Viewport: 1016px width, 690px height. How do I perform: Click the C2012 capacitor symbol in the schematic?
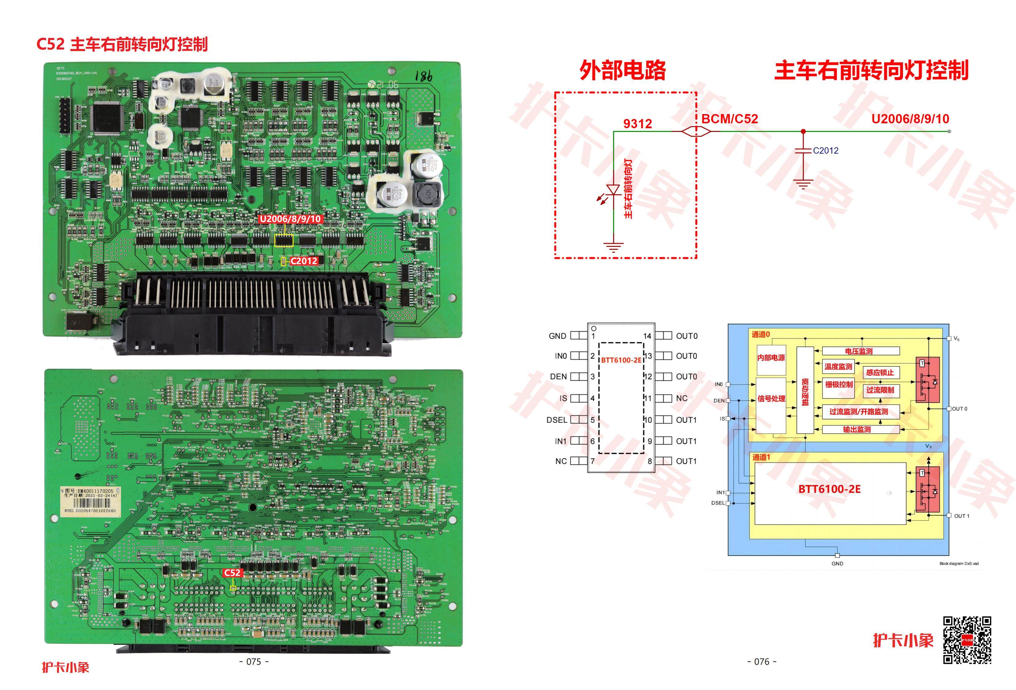(803, 151)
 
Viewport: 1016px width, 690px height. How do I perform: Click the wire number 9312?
(637, 124)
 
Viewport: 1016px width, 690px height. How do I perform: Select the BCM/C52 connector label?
(730, 119)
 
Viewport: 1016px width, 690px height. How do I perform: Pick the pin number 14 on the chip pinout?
(647, 336)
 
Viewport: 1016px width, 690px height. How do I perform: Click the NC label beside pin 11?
(681, 398)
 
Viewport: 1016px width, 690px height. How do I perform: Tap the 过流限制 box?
(880, 390)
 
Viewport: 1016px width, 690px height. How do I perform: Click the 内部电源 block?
(771, 358)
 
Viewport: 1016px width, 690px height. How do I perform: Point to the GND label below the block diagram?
(837, 564)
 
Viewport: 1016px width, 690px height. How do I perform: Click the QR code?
(967, 640)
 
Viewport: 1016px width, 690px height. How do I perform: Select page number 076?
(762, 662)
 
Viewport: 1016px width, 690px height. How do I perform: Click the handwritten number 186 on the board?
(423, 77)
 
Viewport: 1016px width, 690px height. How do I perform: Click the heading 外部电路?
(622, 70)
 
